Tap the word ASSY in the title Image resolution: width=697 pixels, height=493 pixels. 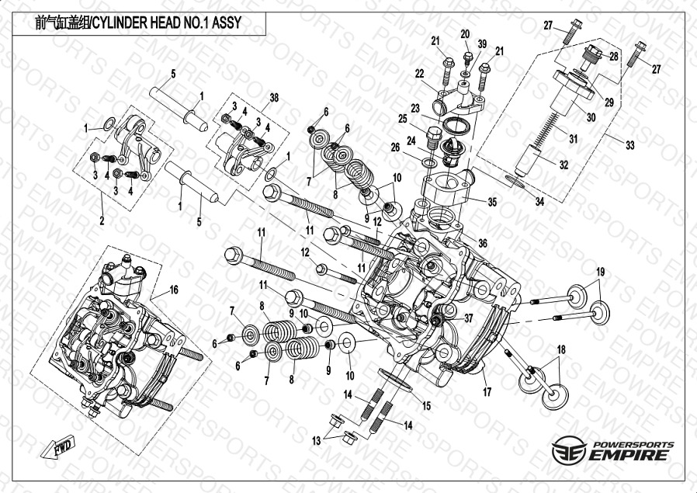pos(224,23)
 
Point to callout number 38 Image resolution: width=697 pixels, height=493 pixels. pos(273,97)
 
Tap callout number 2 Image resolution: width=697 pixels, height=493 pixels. pos(101,220)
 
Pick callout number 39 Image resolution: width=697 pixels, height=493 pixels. pos(481,43)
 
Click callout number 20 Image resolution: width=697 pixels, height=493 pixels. pos(465,33)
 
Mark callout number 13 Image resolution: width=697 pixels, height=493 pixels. pos(316,441)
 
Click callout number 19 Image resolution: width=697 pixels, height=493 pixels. pos(600,271)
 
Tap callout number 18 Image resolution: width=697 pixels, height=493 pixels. pos(560,349)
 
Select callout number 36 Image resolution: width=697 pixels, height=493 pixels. pos(482,243)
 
